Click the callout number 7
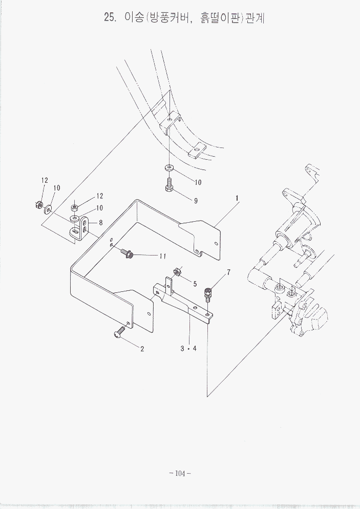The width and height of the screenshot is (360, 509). click(x=228, y=272)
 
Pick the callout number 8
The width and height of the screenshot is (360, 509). click(x=101, y=223)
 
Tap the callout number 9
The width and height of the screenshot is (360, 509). click(x=196, y=201)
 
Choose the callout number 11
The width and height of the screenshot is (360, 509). click(x=163, y=256)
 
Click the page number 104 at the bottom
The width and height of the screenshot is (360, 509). click(x=179, y=474)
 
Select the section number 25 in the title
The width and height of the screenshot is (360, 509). click(x=109, y=17)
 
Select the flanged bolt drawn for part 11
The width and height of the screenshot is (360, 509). click(x=128, y=252)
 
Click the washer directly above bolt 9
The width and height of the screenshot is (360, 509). click(x=169, y=167)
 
